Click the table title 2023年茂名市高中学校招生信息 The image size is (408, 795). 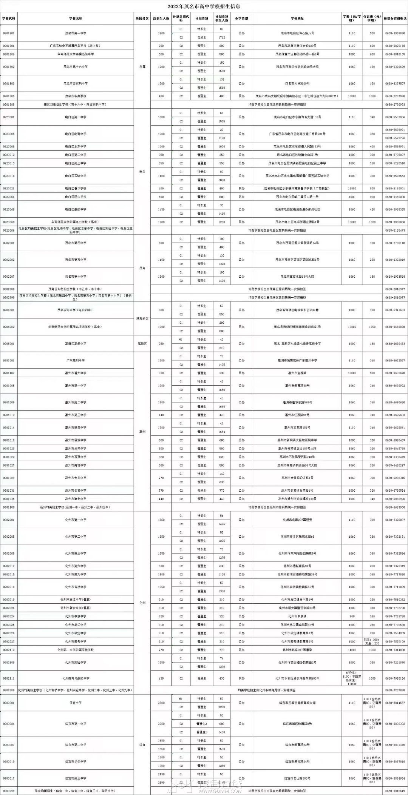[204, 6]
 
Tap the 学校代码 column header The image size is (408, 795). [9, 18]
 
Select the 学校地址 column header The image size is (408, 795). [297, 18]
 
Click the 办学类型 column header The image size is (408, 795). [241, 18]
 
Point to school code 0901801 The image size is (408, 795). [9, 33]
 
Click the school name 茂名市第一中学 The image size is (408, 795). [76, 33]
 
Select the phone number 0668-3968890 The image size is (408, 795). [395, 33]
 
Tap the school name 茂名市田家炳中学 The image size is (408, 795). [76, 83]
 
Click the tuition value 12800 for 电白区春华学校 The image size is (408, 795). [352, 188]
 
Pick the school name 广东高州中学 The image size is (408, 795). [76, 360]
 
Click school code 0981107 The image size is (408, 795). [9, 373]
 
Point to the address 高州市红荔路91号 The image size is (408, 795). [297, 415]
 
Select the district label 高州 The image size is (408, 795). [142, 432]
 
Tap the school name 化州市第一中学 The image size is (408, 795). [76, 520]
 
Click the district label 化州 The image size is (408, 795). [142, 603]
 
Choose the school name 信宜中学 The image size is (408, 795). [76, 703]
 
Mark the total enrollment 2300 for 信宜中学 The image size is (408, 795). [161, 703]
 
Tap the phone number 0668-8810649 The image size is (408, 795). [395, 791]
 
